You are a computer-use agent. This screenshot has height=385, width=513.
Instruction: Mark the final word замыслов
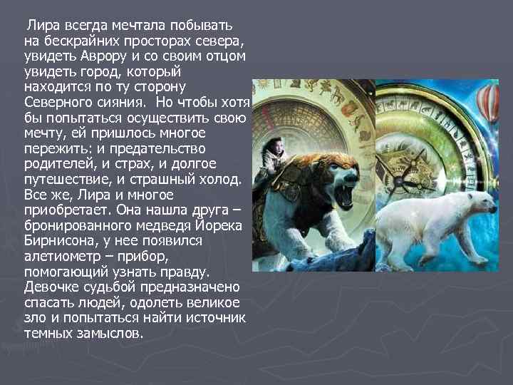[x=113, y=334]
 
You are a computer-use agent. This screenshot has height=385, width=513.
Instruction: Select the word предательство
[x=160, y=148]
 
